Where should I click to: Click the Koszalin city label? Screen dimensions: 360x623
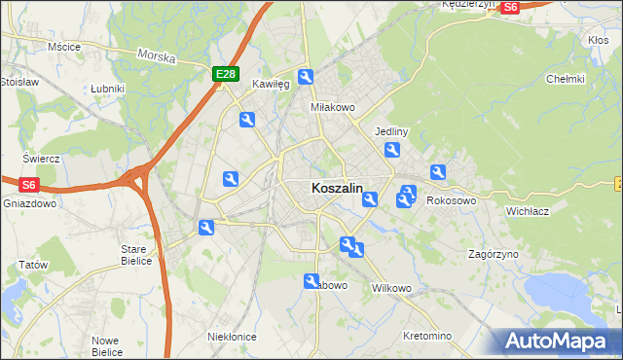337,188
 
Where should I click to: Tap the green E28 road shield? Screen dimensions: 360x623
225,74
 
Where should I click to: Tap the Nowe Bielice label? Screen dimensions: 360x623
106,345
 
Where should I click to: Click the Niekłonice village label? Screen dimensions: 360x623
232,337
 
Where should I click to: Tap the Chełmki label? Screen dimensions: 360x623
565,79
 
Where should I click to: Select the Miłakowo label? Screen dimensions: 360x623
330,107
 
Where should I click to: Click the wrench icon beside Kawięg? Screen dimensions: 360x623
306,78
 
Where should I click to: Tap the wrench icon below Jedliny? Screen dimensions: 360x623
392,150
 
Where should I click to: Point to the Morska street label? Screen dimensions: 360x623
156,56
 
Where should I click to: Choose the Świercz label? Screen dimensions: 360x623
42,159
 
